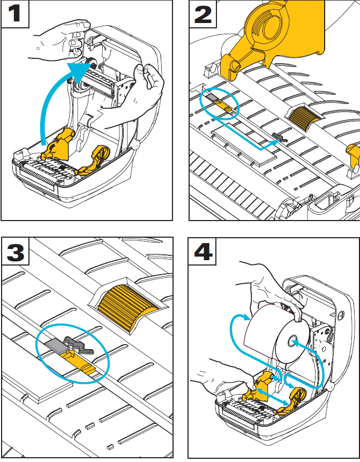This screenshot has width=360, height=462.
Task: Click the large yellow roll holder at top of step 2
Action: tap(279, 32)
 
